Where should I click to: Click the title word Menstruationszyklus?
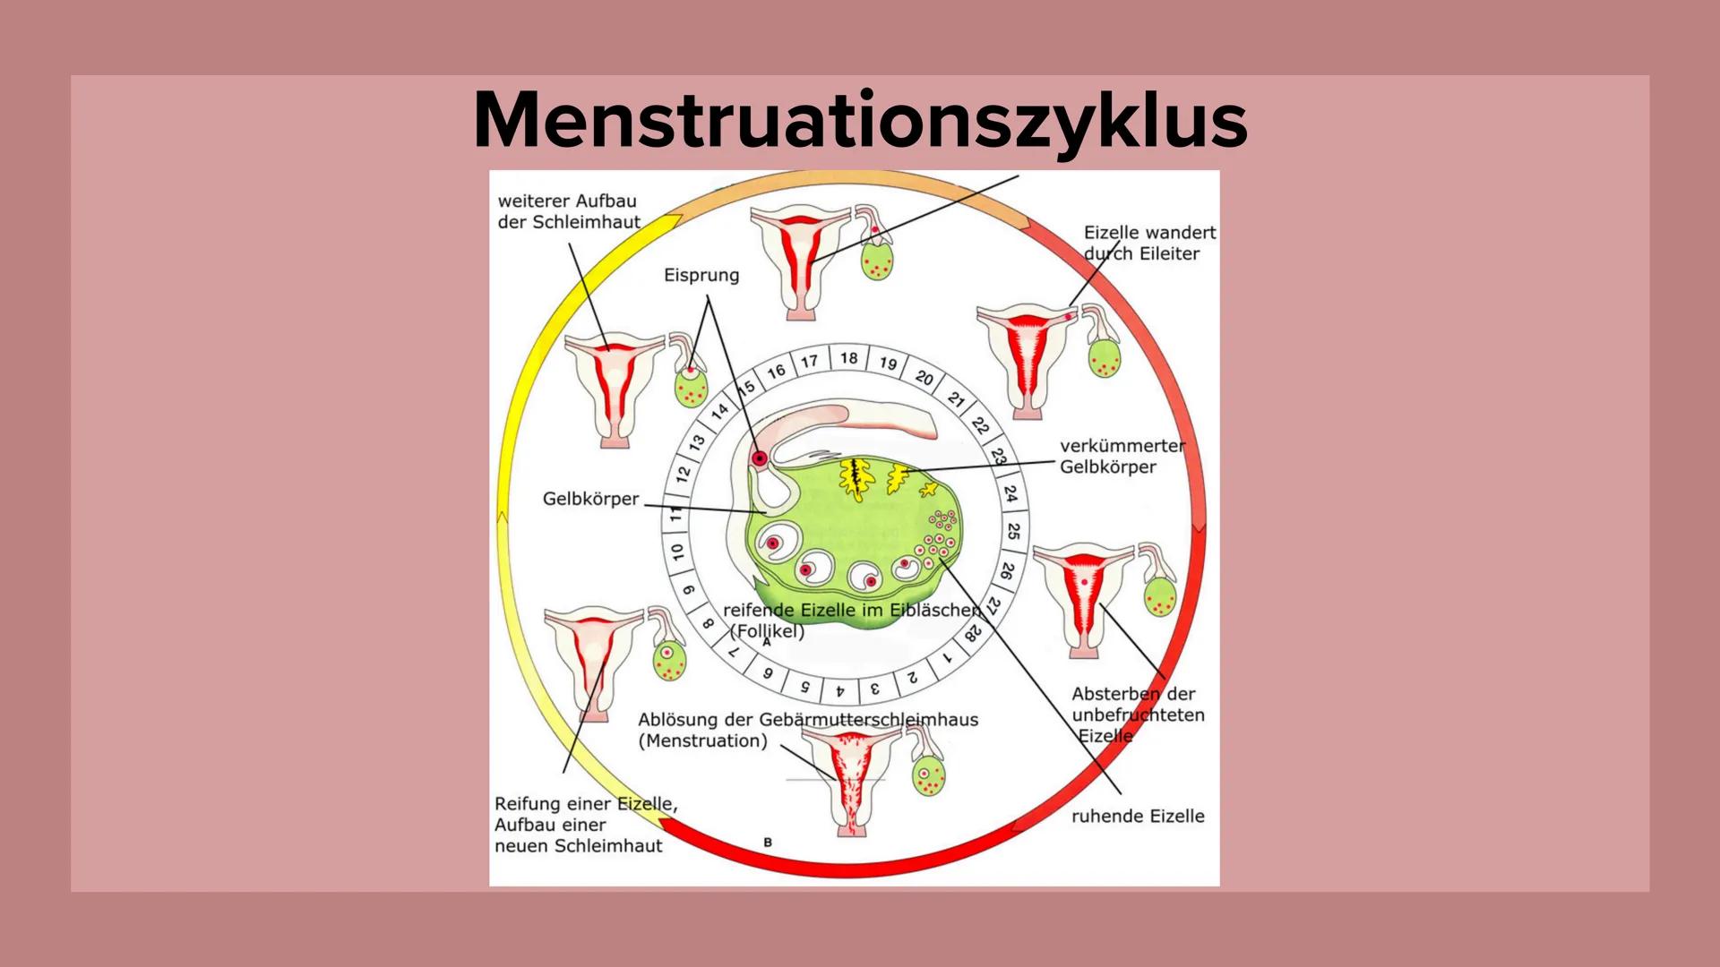coord(860,121)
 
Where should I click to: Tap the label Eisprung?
coord(701,275)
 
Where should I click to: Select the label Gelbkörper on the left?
coord(590,499)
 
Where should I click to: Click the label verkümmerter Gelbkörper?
coord(1122,456)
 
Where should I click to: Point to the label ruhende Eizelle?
coord(1138,816)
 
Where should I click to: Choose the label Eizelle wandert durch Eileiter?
coord(1149,243)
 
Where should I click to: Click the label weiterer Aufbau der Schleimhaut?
coord(569,211)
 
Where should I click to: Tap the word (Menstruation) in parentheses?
coord(703,740)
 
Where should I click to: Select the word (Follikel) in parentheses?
coord(767,630)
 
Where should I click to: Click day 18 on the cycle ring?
coord(848,358)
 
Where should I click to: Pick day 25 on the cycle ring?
coord(1013,531)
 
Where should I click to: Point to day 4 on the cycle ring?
coord(840,691)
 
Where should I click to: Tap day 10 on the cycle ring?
coord(677,552)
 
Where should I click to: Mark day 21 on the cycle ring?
coord(956,400)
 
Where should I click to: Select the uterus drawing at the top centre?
coord(800,260)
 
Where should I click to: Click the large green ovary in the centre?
coord(851,537)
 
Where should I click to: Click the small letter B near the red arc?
coord(768,843)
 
